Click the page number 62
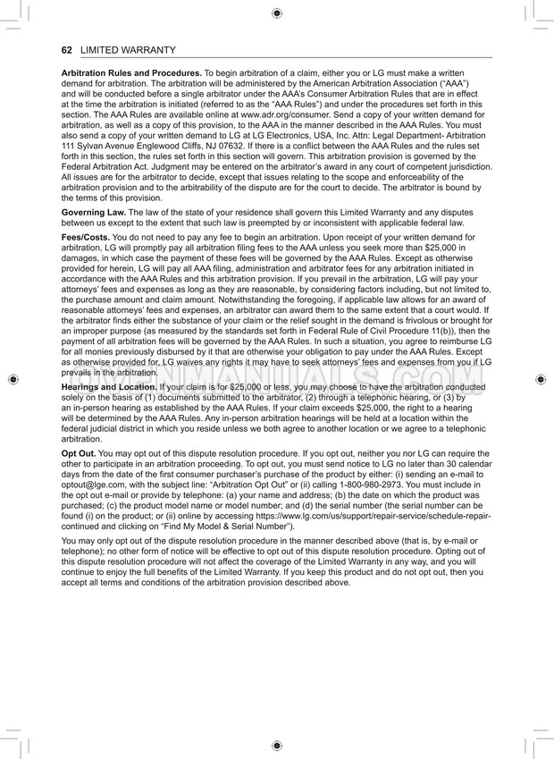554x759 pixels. coord(66,50)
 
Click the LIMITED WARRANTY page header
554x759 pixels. coord(128,50)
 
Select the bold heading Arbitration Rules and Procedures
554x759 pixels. coord(130,72)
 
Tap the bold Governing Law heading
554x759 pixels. coord(94,211)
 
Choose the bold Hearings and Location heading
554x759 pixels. coord(107,385)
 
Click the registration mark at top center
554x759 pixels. coord(277,13)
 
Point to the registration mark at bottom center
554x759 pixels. coord(277,746)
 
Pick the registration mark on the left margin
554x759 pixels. coord(12,379)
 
